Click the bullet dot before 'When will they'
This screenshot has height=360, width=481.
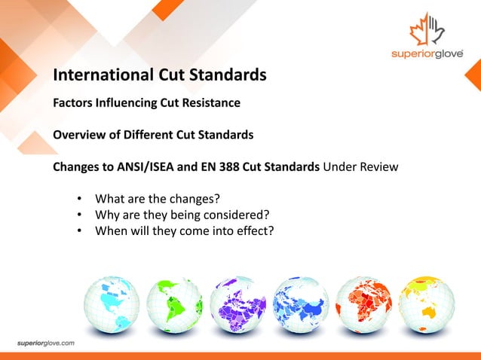tap(79, 230)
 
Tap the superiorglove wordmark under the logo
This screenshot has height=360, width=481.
tap(427, 55)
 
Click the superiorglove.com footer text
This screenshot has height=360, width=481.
tap(47, 343)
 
